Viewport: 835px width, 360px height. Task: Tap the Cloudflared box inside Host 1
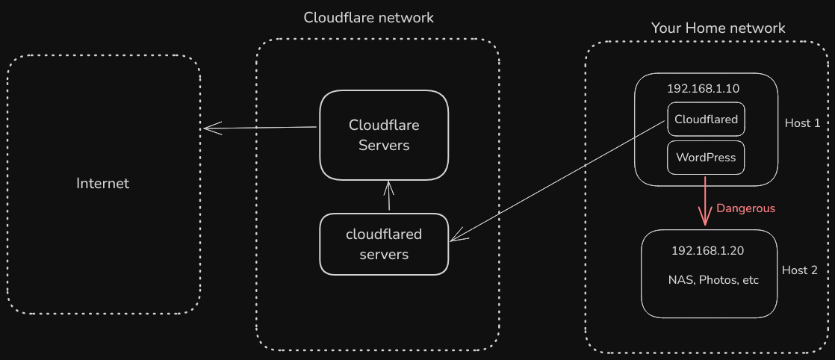click(706, 120)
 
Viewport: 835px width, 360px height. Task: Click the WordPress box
click(706, 158)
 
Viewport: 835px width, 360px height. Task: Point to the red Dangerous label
click(745, 208)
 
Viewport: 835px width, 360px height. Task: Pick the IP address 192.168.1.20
click(707, 251)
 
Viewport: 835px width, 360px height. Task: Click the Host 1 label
click(802, 123)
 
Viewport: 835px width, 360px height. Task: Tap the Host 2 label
click(799, 270)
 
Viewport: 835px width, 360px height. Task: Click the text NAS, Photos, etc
click(713, 280)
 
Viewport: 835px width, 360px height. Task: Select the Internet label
click(103, 183)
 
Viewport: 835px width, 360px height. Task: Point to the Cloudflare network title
click(368, 17)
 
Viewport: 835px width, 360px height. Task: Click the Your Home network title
click(718, 28)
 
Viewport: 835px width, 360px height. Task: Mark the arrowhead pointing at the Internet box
click(209, 128)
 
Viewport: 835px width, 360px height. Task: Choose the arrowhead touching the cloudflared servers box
click(456, 238)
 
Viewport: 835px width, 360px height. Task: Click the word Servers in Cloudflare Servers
click(384, 145)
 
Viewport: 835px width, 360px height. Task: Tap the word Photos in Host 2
click(716, 280)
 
